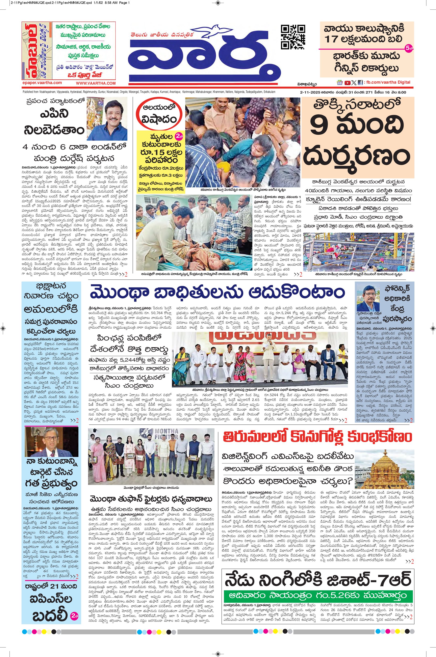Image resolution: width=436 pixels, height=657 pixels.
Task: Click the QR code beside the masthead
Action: click(x=293, y=37)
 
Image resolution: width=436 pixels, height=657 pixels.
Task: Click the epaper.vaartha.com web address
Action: click(x=42, y=83)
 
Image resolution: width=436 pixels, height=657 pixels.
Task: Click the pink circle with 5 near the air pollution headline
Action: click(x=408, y=48)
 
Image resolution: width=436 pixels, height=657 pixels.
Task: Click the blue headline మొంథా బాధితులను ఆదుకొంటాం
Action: click(x=217, y=293)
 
